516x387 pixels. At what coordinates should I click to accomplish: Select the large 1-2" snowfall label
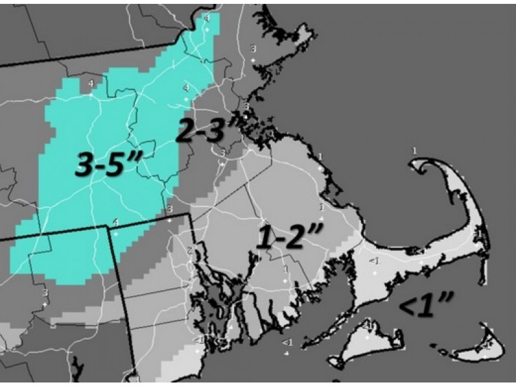tap(287, 237)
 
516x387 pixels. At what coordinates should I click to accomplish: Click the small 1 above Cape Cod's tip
tap(414, 150)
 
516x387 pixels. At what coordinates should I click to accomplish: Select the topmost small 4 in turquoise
tap(206, 19)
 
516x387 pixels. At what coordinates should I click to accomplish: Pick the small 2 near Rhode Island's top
tap(190, 249)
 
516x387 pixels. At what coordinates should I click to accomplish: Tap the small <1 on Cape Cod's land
tap(373, 261)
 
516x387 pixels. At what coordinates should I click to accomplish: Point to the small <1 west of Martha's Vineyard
tap(287, 342)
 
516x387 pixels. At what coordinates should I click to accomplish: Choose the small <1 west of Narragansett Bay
tap(198, 339)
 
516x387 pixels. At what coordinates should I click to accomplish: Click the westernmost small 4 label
tap(91, 84)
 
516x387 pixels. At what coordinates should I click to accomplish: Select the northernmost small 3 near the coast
tap(253, 49)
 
